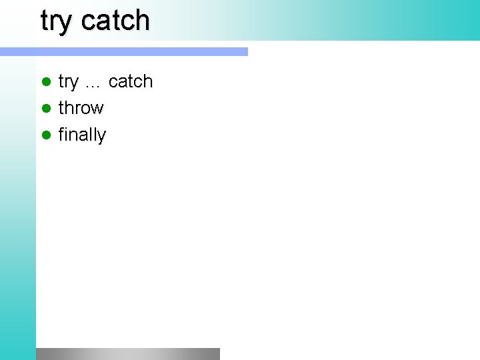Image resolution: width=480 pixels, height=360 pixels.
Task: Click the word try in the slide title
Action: point(56,21)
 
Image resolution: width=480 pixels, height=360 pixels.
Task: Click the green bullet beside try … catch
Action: point(46,82)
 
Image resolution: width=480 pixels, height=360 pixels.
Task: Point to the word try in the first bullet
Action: point(68,82)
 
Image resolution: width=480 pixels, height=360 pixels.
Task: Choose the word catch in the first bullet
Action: point(131,81)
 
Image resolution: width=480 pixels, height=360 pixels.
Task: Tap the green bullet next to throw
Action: point(46,108)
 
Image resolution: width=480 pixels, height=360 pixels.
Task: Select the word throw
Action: point(81,108)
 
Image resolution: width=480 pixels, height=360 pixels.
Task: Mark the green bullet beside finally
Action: point(46,135)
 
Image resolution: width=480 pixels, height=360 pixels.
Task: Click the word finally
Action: point(82,135)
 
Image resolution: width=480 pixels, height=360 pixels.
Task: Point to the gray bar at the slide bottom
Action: point(128,353)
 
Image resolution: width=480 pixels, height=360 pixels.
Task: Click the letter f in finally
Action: point(62,134)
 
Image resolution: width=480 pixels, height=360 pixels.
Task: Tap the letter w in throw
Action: point(97,109)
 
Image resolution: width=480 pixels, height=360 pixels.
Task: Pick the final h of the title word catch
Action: point(141,20)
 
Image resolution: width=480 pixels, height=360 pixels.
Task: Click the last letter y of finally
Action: point(101,137)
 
